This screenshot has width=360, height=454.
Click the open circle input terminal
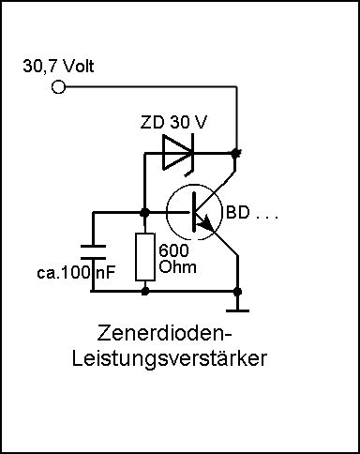(58, 86)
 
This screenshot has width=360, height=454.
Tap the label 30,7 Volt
(58, 67)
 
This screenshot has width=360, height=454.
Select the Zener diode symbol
(178, 153)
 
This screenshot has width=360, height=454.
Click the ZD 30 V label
(173, 122)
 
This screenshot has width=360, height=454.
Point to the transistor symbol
(194, 212)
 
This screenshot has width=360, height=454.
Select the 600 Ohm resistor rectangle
(145, 256)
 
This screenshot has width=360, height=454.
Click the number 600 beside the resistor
(173, 250)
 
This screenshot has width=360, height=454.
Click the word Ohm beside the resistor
(178, 267)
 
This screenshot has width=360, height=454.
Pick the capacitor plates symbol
(93, 252)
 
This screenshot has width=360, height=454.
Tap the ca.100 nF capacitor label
(76, 272)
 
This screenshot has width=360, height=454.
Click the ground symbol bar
(237, 310)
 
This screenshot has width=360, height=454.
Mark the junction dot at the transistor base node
(144, 213)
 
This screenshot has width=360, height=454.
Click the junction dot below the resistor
(144, 291)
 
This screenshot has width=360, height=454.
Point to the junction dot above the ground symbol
(237, 292)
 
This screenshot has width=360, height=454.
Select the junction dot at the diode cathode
(235, 153)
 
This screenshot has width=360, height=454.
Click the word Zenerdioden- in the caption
(165, 333)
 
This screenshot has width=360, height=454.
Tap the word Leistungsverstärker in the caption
(170, 358)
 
